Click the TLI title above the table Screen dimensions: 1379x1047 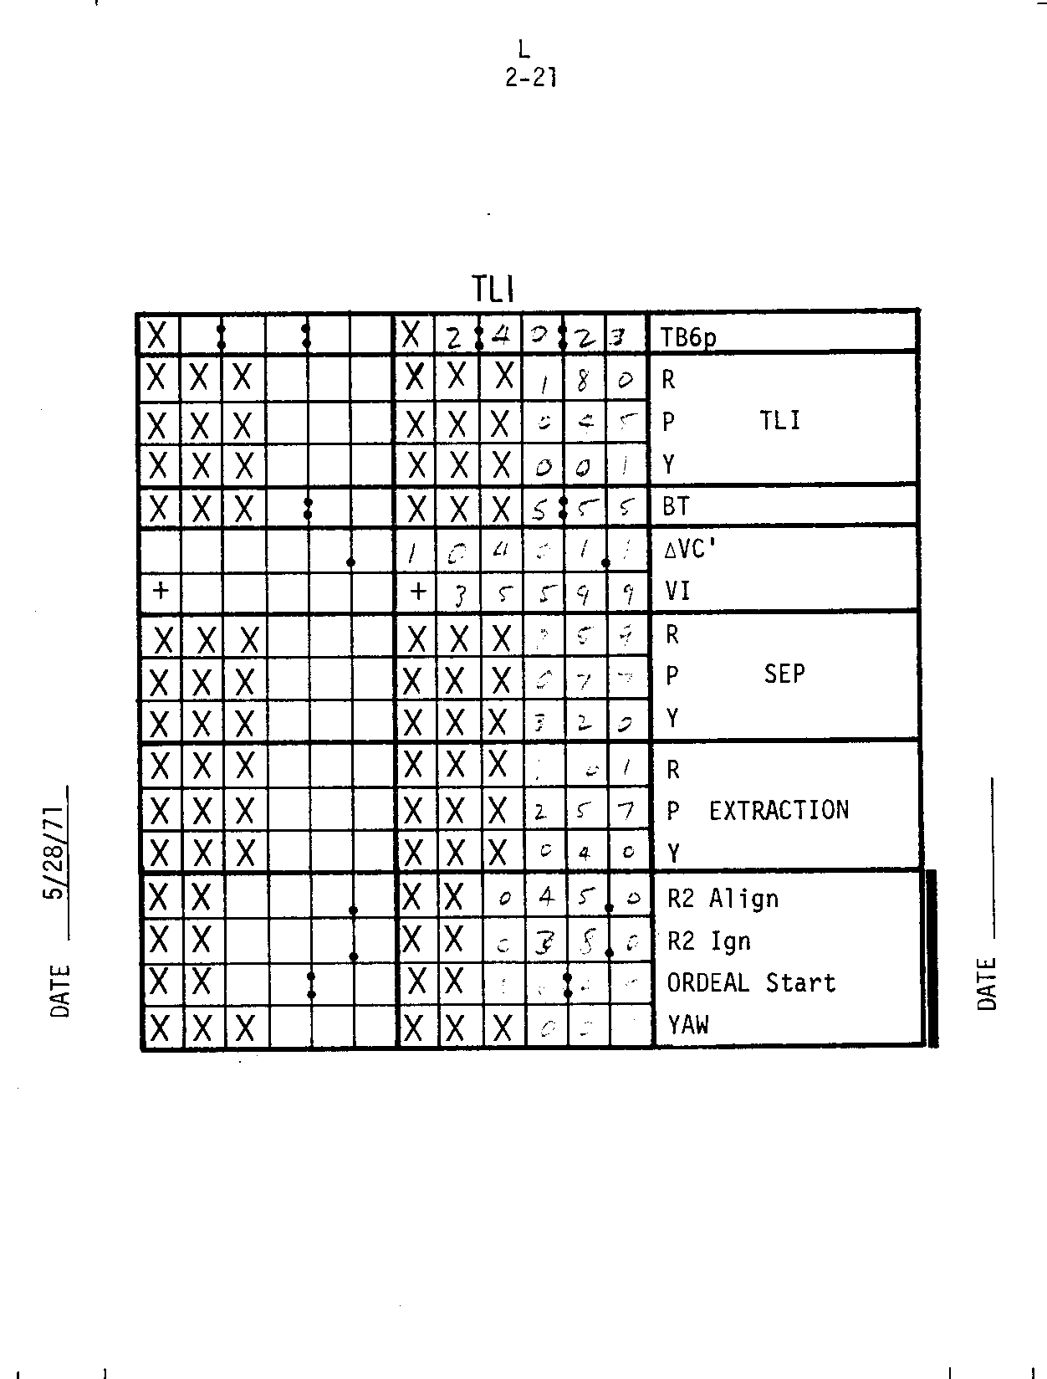493,290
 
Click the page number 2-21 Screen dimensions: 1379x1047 531,78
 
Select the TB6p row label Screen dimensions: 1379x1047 688,337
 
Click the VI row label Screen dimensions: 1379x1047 677,592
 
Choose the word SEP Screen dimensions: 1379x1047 784,674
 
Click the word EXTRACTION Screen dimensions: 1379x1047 779,810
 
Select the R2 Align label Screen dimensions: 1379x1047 723,899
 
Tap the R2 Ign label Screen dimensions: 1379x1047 708,941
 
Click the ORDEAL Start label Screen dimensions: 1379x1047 751,982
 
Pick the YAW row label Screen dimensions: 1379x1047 688,1024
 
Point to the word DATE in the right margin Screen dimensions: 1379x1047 987,984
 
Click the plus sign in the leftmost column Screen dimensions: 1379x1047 161,591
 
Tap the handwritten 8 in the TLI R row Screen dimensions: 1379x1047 584,380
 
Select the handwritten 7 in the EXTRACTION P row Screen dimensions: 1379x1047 627,811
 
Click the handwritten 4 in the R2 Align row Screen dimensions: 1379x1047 546,898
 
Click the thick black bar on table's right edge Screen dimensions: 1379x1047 931,958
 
